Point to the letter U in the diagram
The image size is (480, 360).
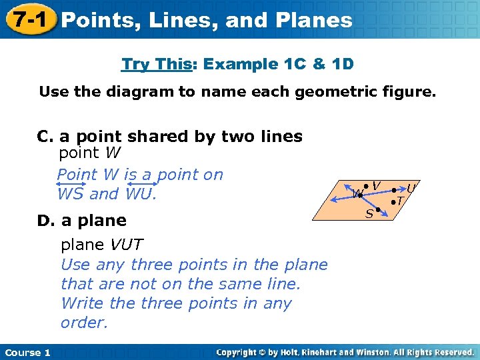click(411, 189)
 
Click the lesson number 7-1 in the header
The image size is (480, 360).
click(27, 19)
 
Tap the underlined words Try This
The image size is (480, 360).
click(156, 64)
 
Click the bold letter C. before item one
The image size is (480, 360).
click(45, 137)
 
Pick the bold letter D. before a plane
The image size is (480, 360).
click(45, 220)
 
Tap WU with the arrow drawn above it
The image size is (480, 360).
click(139, 194)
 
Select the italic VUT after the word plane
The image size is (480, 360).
click(126, 245)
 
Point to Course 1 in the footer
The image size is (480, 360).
click(28, 352)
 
